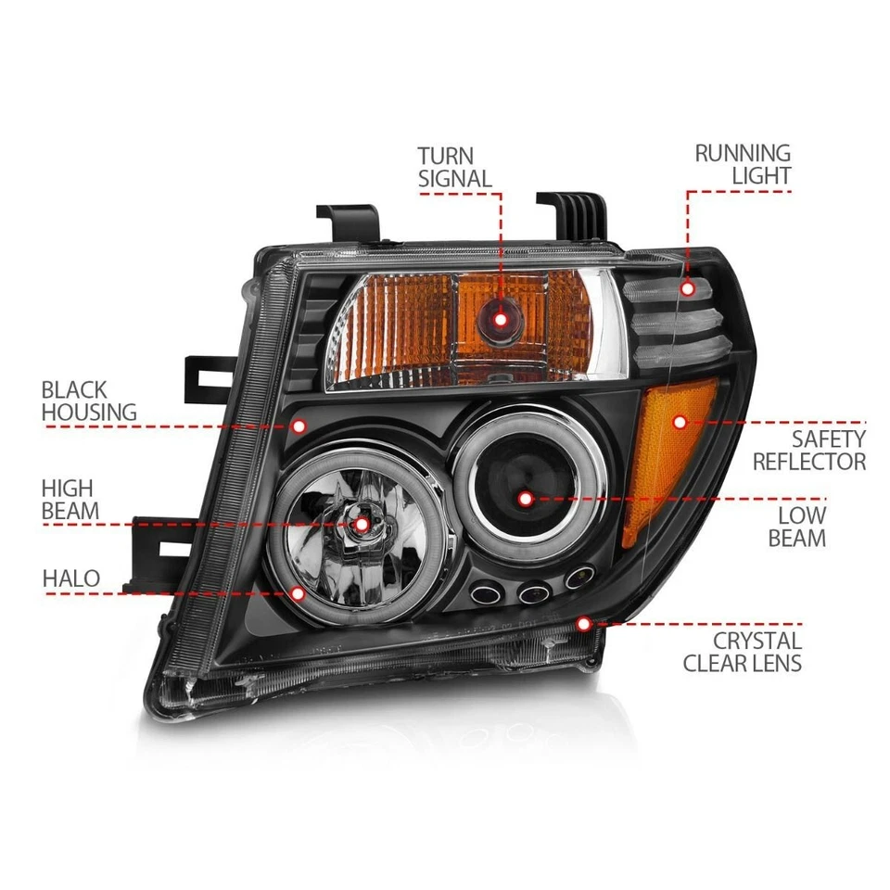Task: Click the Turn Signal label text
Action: click(454, 167)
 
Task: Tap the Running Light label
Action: click(743, 164)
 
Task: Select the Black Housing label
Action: click(88, 400)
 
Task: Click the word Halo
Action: click(70, 578)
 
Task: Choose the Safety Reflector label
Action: click(809, 450)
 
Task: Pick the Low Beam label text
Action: click(797, 526)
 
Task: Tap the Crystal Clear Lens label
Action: click(743, 651)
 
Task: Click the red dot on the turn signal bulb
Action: click(501, 319)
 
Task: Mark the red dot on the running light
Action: click(687, 288)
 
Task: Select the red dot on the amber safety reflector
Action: click(680, 422)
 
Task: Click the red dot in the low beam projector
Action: click(526, 499)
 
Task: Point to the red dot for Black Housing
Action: click(299, 426)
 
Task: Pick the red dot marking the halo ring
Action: click(299, 591)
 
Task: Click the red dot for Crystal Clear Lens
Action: click(583, 624)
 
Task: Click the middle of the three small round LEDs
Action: click(529, 592)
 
